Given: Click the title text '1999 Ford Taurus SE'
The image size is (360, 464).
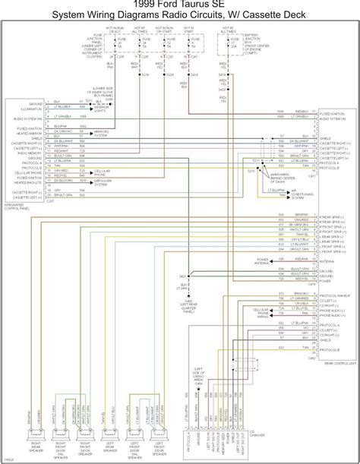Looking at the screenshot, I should tap(180, 5).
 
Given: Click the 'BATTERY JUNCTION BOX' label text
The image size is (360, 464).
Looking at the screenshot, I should tap(251, 43).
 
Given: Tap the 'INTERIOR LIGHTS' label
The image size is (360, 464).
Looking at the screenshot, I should tap(103, 109).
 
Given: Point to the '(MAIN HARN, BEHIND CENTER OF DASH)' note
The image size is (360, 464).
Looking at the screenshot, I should tap(274, 176).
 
